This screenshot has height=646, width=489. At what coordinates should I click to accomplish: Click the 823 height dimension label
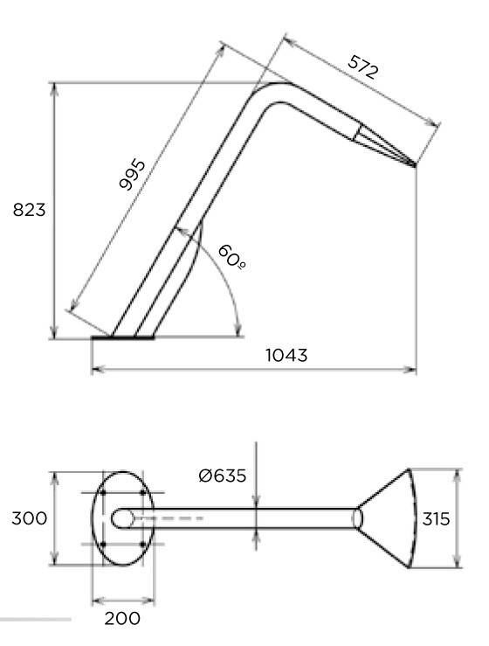click(x=29, y=210)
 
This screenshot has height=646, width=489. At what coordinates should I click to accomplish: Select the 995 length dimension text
click(x=132, y=175)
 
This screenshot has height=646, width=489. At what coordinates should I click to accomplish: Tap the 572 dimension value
click(x=362, y=66)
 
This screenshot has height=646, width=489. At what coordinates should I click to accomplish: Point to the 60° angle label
click(x=231, y=257)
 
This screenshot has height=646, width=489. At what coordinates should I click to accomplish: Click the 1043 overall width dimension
click(x=286, y=355)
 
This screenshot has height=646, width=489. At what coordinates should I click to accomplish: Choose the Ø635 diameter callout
click(x=223, y=476)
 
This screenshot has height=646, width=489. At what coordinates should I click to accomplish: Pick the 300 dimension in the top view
click(x=29, y=518)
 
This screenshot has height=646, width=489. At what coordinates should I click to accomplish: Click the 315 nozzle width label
click(x=436, y=519)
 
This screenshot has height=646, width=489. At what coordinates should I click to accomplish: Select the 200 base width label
click(x=122, y=618)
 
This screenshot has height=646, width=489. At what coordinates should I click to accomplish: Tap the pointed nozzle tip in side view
click(x=415, y=165)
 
